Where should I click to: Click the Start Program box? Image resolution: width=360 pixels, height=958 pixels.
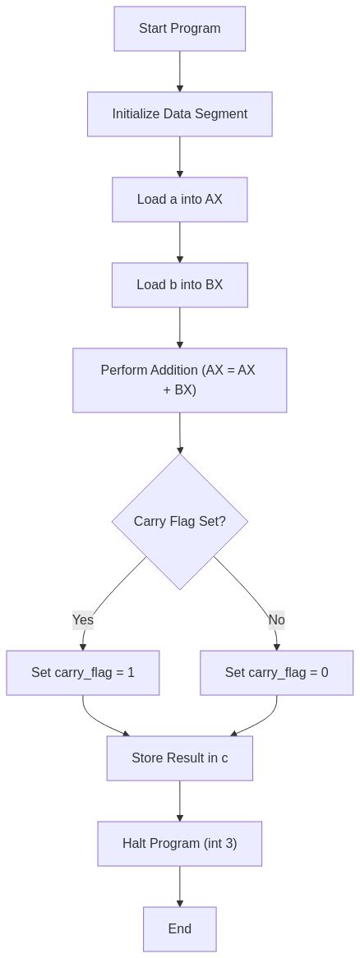click(x=179, y=29)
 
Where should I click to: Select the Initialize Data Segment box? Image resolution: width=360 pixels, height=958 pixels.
click(x=179, y=114)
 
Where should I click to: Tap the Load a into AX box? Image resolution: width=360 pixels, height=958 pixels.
click(x=179, y=200)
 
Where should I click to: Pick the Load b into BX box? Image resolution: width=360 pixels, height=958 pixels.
click(x=179, y=285)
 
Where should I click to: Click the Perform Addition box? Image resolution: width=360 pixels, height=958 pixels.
click(x=179, y=380)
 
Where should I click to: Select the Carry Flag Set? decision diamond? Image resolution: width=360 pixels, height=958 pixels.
click(x=179, y=522)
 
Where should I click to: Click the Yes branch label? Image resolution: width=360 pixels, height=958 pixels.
click(x=83, y=620)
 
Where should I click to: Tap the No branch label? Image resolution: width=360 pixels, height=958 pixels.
click(x=276, y=620)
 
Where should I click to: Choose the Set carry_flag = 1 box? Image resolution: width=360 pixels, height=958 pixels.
click(x=83, y=672)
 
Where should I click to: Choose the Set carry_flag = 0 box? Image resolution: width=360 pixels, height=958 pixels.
click(x=276, y=672)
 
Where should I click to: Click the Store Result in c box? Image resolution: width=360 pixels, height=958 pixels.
click(x=179, y=758)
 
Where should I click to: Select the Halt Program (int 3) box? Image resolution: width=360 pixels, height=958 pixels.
click(x=179, y=843)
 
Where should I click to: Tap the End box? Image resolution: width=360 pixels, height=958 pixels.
click(x=179, y=928)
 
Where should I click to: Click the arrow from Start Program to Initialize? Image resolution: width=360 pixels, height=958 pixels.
click(x=179, y=71)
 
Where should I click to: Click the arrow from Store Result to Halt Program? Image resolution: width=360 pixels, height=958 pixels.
click(x=179, y=800)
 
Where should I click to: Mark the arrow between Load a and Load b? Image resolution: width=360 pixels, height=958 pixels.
click(x=179, y=242)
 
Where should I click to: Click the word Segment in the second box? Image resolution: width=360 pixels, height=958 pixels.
click(x=222, y=114)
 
